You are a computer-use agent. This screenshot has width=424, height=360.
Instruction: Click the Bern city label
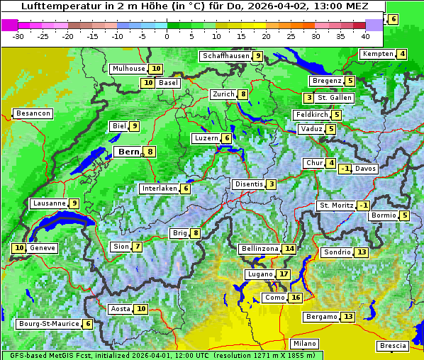129,152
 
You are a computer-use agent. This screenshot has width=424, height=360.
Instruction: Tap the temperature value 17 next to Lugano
284,274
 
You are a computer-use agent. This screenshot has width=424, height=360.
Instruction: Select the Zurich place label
223,94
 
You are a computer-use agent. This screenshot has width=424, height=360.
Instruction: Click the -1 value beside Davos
345,169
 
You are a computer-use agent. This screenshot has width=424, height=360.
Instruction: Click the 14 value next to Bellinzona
289,249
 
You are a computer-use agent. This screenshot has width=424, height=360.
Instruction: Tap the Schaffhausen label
225,56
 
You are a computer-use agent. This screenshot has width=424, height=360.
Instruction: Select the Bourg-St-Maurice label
48,324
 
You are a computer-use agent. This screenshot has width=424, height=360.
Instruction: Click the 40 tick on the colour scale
365,36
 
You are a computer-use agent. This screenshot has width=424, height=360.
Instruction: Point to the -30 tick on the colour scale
18,36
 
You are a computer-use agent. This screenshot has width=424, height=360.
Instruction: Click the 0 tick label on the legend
167,36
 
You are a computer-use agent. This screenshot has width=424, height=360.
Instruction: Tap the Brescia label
393,346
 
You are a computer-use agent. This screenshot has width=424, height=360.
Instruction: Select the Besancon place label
33,113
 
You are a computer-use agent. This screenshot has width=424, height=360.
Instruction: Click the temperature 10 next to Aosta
142,308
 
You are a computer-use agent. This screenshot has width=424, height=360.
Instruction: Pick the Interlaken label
159,189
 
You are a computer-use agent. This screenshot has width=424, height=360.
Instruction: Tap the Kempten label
377,54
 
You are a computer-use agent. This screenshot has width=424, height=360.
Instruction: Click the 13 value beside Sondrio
362,252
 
